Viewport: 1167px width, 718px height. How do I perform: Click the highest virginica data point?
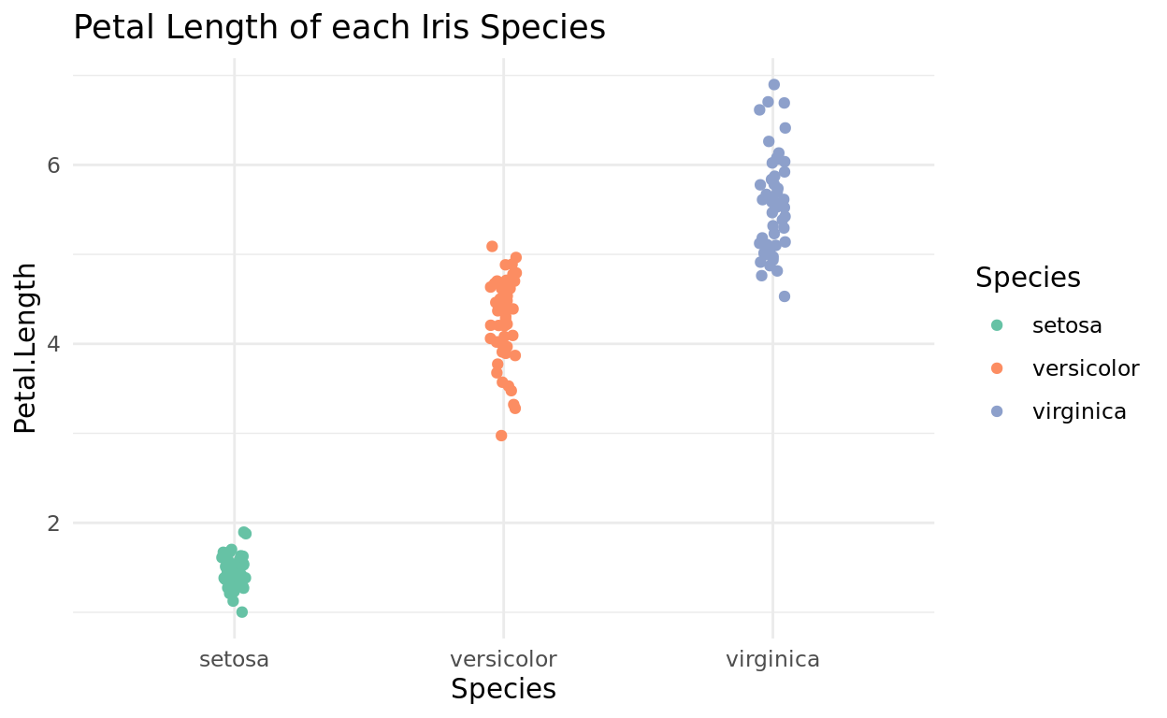click(x=773, y=84)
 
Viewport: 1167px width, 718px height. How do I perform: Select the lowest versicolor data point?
click(x=501, y=436)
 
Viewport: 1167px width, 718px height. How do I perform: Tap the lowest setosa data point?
click(x=241, y=611)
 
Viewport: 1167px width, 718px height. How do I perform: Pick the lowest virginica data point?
click(x=784, y=296)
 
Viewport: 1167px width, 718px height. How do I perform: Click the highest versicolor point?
click(x=492, y=246)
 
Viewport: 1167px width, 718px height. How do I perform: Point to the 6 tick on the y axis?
click(x=53, y=165)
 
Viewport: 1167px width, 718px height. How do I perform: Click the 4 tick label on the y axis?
click(x=53, y=343)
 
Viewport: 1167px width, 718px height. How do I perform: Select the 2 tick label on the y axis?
click(x=53, y=523)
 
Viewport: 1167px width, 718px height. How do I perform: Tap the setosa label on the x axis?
click(x=234, y=659)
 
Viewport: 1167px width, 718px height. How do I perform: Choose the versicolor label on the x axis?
click(x=503, y=659)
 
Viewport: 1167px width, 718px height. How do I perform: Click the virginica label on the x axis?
click(x=772, y=659)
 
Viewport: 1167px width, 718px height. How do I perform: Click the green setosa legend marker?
click(x=997, y=325)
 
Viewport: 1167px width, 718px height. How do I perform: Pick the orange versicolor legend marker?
click(x=997, y=368)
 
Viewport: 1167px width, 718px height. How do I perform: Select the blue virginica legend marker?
click(x=997, y=411)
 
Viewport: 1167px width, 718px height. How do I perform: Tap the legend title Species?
click(x=1028, y=278)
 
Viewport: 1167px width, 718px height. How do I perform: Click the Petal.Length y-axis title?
click(x=26, y=348)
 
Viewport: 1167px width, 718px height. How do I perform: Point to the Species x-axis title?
click(x=503, y=689)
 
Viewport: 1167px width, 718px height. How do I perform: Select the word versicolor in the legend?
click(x=1085, y=368)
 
